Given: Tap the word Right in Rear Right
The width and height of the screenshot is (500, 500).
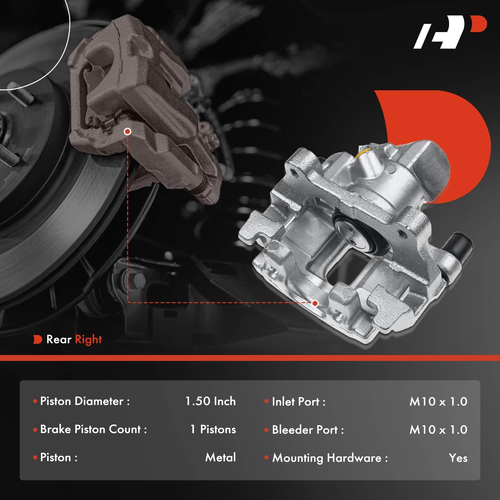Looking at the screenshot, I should coord(88,339).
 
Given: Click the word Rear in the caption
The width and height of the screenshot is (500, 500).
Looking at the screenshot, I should coord(59,339).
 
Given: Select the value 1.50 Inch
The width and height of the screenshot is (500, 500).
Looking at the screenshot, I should coord(210,401).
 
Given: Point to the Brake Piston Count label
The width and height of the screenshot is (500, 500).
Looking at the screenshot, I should coord(93,429).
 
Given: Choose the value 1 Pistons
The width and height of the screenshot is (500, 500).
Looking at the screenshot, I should coord(213,429).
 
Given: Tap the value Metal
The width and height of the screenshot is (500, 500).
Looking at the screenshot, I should coord(220,457).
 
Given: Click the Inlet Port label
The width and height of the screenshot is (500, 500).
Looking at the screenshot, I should coord(298,402).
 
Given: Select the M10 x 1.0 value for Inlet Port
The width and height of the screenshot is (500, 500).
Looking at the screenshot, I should coord(438,402).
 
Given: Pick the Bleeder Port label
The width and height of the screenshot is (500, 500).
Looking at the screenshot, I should coord(308,430).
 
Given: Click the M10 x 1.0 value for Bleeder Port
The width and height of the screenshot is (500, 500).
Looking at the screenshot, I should coord(438,430).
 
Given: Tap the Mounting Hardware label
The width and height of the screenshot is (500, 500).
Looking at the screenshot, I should coord(330,458).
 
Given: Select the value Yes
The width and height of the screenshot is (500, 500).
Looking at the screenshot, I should coord(458,458).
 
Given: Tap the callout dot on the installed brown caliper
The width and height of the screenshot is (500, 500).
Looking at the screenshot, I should coord(127,132).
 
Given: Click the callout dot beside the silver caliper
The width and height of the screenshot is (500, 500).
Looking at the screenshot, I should coord(315,303).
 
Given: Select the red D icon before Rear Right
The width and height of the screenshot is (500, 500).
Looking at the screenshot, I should coord(37,339).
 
